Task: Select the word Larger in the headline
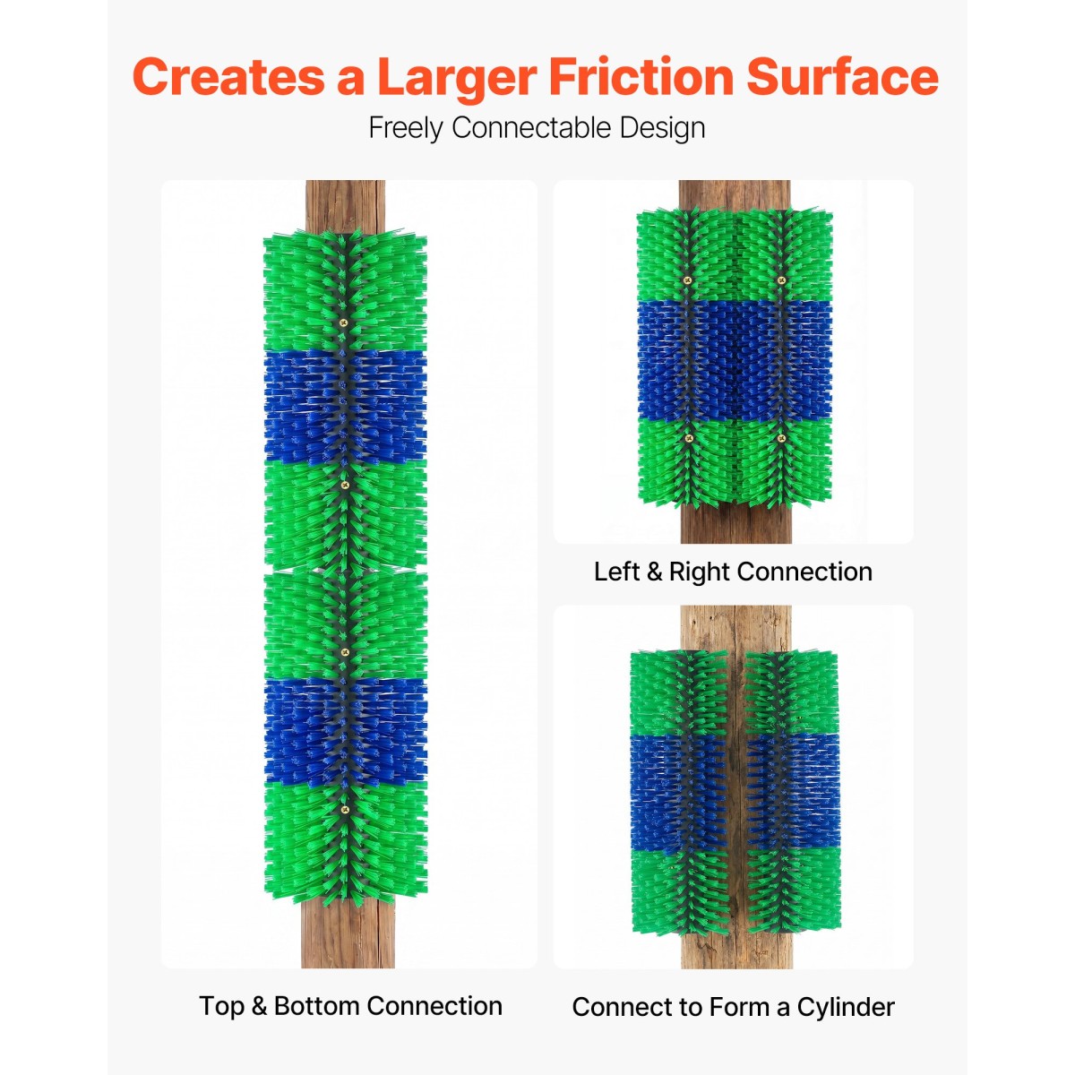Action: (457, 78)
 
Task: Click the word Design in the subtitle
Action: (662, 129)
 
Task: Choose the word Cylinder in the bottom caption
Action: (846, 1008)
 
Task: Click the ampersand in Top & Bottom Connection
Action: (258, 1006)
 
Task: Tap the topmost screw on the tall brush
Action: (343, 323)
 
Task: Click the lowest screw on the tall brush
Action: (344, 810)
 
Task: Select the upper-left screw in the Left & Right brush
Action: (687, 280)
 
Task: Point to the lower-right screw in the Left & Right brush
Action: (781, 437)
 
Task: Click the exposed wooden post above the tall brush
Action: (345, 205)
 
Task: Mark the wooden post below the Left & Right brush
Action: (736, 521)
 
